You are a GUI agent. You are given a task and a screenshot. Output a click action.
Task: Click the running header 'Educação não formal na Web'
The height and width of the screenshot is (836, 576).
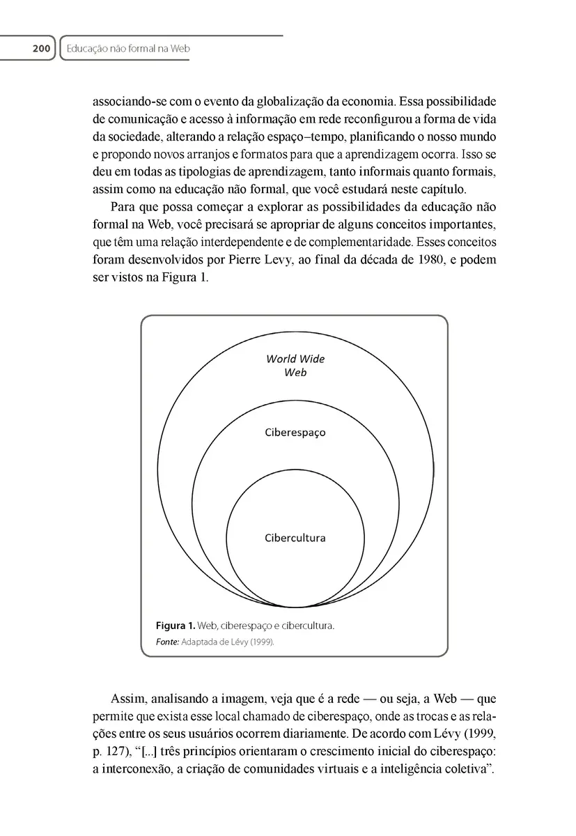click(x=128, y=49)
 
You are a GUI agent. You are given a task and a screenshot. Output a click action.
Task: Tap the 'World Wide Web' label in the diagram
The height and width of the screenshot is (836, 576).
click(x=295, y=366)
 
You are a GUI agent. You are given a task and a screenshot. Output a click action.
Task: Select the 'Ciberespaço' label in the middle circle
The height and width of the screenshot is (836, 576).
click(x=295, y=432)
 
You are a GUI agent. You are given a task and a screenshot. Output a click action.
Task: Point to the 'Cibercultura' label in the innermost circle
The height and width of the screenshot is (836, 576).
click(x=295, y=538)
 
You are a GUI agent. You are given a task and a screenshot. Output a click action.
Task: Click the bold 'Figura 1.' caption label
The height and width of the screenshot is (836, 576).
click(x=176, y=626)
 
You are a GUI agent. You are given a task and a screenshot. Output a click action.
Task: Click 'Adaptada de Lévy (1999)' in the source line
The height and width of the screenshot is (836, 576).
click(x=228, y=642)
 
